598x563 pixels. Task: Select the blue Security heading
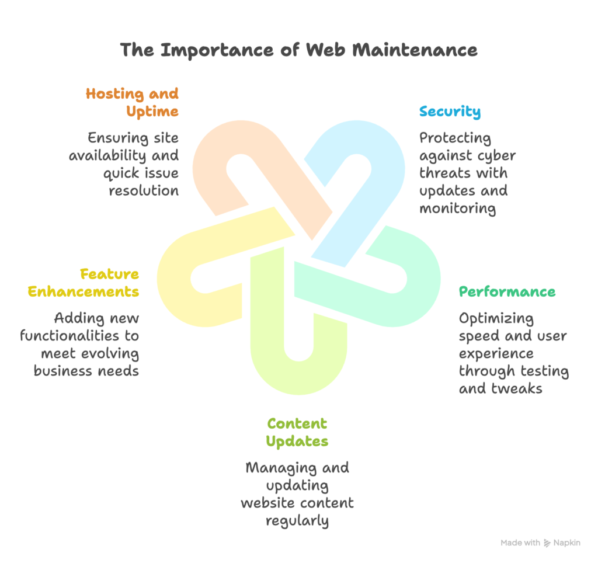pyautogui.click(x=450, y=112)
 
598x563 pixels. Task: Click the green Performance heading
pyautogui.click(x=507, y=291)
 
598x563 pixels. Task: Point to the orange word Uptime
pyautogui.click(x=155, y=111)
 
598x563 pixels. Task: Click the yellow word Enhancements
pyautogui.click(x=84, y=291)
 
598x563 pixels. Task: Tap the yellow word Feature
pyautogui.click(x=109, y=274)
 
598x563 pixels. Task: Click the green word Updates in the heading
pyautogui.click(x=297, y=441)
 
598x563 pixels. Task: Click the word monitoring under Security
pyautogui.click(x=457, y=208)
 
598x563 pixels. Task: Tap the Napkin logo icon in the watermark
pyautogui.click(x=547, y=543)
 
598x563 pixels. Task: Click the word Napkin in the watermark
pyautogui.click(x=568, y=543)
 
